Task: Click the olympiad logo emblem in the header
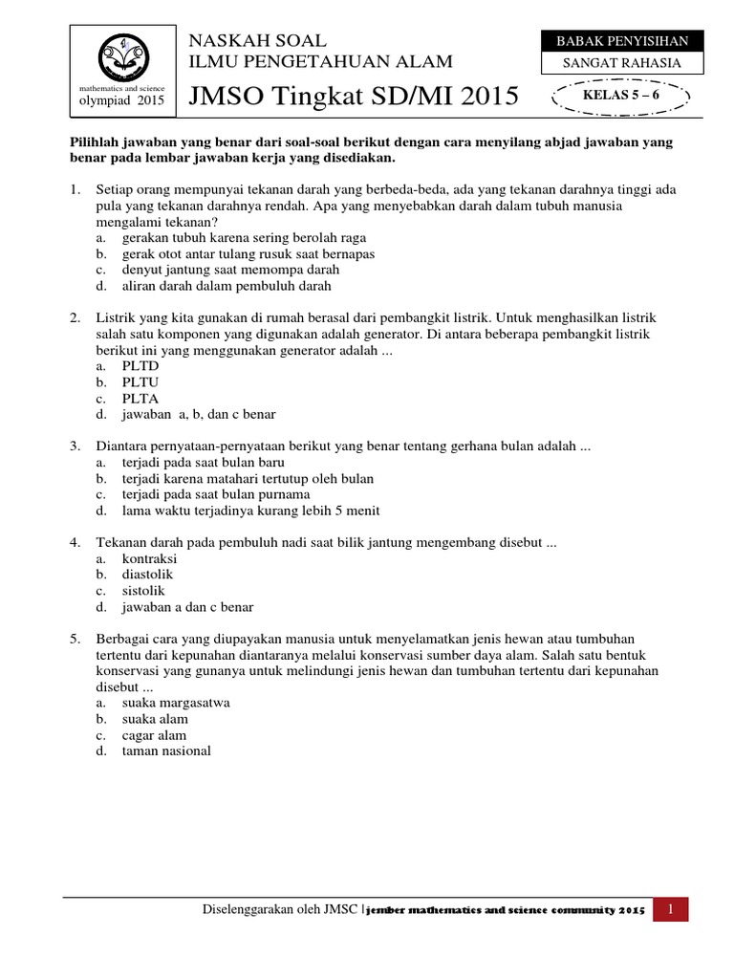click(121, 57)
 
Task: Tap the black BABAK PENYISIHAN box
click(622, 40)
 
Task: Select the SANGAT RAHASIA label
click(622, 63)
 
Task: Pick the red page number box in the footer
click(672, 909)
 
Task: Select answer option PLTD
click(140, 366)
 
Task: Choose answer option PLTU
click(140, 382)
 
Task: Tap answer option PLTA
click(140, 399)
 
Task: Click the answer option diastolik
click(147, 575)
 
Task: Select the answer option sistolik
click(144, 591)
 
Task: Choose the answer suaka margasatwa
click(176, 703)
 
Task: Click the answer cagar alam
click(154, 735)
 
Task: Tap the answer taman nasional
click(165, 751)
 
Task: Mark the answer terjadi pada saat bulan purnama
click(215, 494)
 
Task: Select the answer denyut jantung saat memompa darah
click(217, 270)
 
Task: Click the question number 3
click(75, 446)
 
